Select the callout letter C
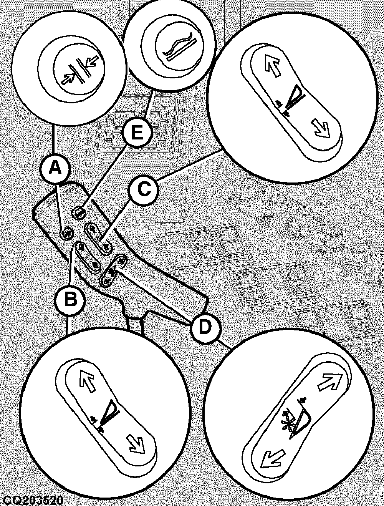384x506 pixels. click(144, 189)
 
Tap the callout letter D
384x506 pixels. click(204, 327)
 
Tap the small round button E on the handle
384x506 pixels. click(78, 213)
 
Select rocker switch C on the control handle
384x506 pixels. click(98, 238)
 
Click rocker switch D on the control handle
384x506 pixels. click(113, 270)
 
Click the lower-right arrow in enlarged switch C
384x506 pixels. click(323, 131)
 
